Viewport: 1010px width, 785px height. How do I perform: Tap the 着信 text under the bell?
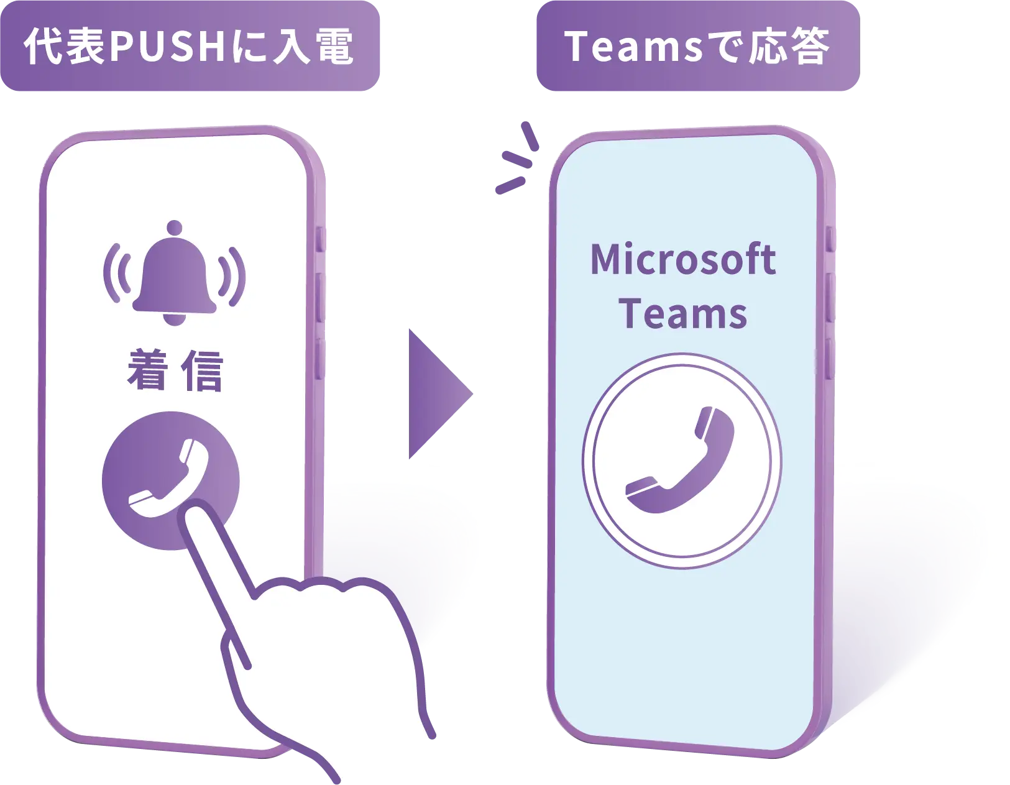coord(175,371)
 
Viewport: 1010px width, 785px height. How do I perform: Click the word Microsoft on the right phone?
coord(683,259)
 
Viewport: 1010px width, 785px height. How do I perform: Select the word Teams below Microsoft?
coord(682,314)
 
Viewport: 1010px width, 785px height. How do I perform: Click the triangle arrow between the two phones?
coord(438,395)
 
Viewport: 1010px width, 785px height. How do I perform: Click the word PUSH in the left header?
coord(166,47)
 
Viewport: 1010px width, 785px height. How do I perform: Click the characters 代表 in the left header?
coord(65,47)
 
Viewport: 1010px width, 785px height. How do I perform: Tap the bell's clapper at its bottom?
coord(175,318)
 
